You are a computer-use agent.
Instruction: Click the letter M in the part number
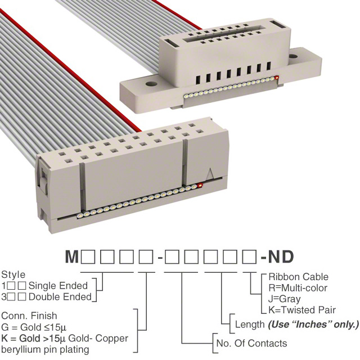(72, 256)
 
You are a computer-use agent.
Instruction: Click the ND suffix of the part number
(281, 256)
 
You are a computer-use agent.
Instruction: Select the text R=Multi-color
(298, 288)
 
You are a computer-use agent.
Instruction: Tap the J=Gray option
(284, 299)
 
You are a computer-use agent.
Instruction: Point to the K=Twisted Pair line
(302, 310)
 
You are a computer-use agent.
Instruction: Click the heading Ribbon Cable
(298, 277)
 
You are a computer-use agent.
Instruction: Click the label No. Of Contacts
(251, 343)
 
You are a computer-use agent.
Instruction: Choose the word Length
(250, 325)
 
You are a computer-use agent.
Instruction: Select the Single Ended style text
(58, 286)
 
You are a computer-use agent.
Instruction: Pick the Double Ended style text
(60, 297)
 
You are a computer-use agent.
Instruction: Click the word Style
(13, 275)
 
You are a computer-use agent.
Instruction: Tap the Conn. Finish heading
(29, 316)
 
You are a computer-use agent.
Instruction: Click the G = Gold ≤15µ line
(34, 327)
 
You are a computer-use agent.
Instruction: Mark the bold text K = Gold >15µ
(34, 338)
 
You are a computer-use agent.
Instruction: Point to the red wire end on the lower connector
(200, 185)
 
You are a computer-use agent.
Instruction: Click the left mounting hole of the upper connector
(151, 84)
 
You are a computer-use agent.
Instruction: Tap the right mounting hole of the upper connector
(293, 56)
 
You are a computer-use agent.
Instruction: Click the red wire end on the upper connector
(277, 78)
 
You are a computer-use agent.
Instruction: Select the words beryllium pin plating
(45, 350)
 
